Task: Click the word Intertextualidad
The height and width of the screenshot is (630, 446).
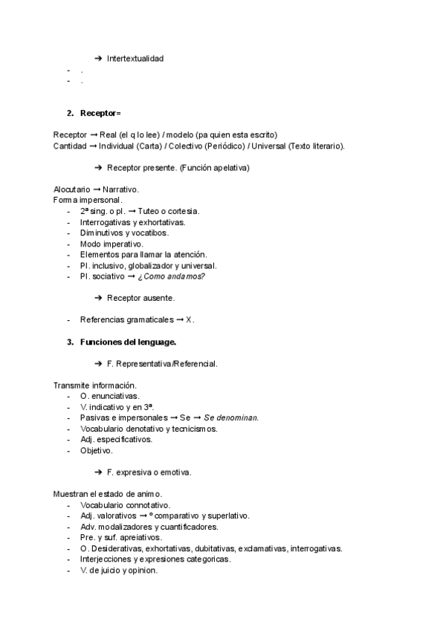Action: [135, 59]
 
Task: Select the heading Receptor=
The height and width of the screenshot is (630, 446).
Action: [100, 113]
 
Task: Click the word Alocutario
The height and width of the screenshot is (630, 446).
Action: [72, 189]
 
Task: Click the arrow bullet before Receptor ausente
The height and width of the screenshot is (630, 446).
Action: [98, 298]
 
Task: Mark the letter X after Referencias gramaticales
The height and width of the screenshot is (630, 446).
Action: [189, 320]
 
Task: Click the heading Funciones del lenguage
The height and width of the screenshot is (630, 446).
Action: [128, 342]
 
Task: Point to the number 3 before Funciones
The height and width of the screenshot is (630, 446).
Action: [69, 342]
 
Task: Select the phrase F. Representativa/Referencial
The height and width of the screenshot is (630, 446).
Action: [162, 364]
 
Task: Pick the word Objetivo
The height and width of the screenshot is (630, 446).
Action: [96, 450]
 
